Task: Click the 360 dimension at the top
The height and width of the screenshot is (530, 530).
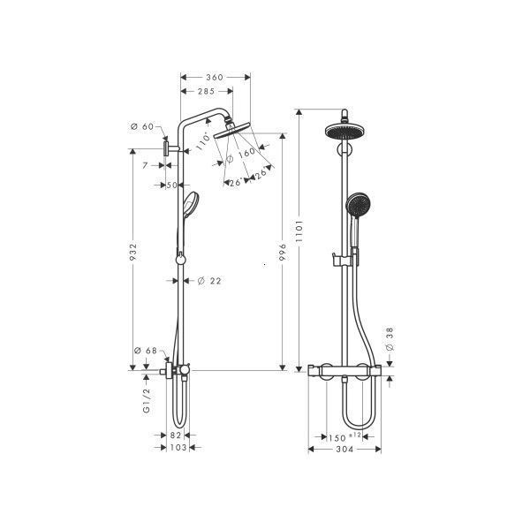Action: [x=215, y=77]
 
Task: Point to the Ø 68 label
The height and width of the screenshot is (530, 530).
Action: [x=145, y=352]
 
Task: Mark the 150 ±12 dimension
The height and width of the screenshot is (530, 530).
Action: [x=341, y=436]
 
